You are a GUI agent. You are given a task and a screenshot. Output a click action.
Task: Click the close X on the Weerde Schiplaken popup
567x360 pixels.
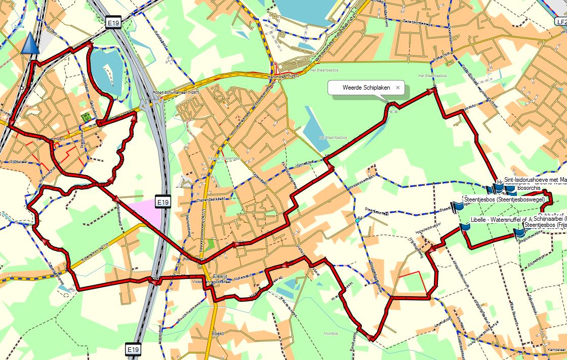(398, 88)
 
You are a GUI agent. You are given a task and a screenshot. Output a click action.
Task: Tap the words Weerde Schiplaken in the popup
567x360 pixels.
(366, 88)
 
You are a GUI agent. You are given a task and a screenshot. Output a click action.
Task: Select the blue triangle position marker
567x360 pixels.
(30, 44)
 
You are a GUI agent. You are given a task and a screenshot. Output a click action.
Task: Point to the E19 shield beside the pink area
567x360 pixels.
(162, 202)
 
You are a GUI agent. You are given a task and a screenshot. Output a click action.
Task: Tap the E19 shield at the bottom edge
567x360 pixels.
(133, 349)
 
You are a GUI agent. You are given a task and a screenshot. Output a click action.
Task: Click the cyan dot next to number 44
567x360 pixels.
(357, 221)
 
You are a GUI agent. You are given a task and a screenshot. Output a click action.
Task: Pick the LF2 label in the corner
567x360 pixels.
(560, 22)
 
